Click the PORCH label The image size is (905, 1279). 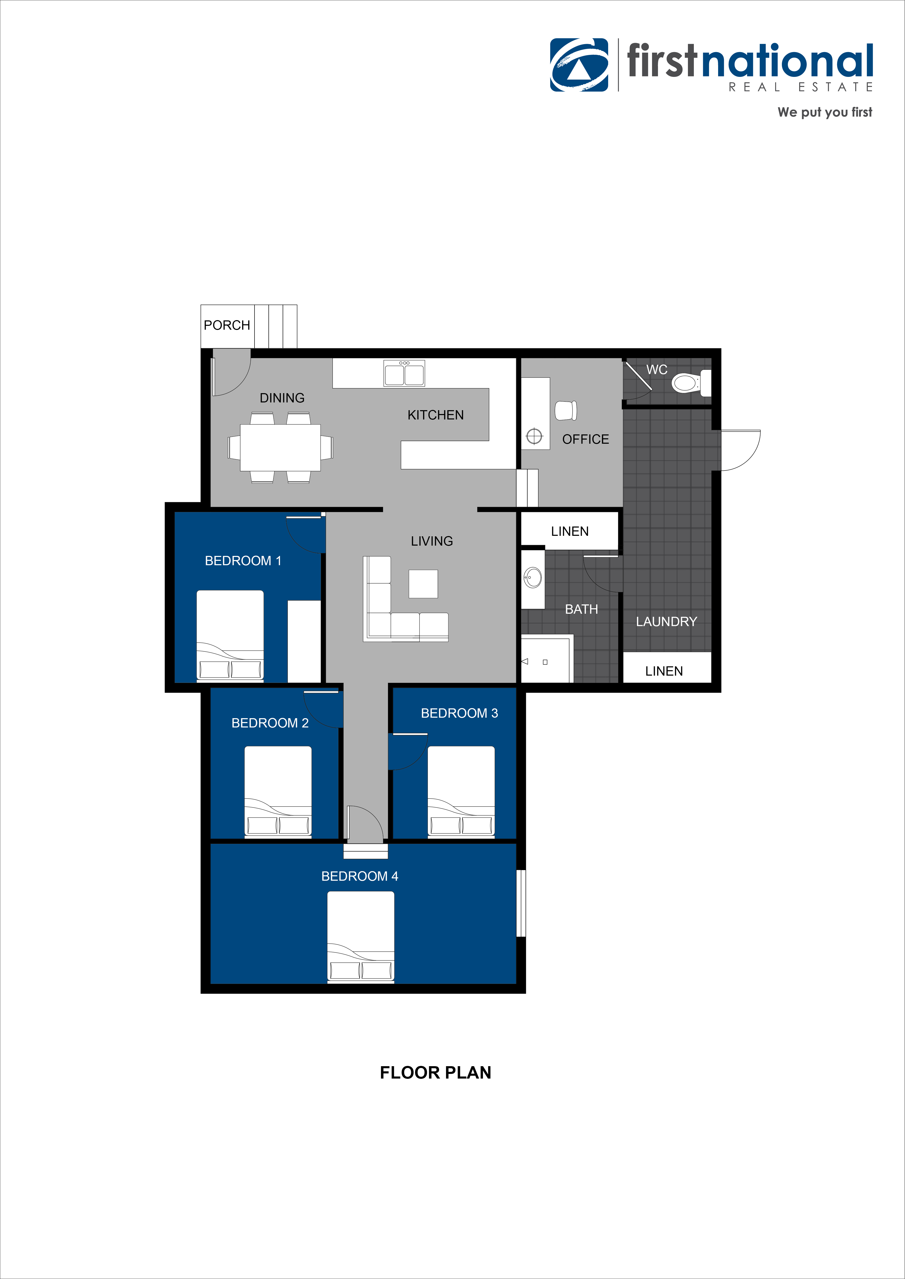[227, 325]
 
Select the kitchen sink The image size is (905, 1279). [404, 373]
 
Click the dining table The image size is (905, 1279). [280, 447]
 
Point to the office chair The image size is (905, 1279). [566, 410]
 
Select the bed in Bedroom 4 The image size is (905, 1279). [361, 936]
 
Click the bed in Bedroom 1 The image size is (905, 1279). [230, 635]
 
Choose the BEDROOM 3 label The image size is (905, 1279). [459, 713]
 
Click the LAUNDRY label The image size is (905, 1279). [666, 622]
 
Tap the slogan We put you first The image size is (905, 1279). [825, 112]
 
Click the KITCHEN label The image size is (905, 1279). [435, 415]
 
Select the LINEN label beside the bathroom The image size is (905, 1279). [569, 531]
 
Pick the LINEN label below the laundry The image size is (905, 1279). [664, 671]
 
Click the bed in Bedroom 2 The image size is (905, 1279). [278, 791]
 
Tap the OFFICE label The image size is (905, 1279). [585, 440]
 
